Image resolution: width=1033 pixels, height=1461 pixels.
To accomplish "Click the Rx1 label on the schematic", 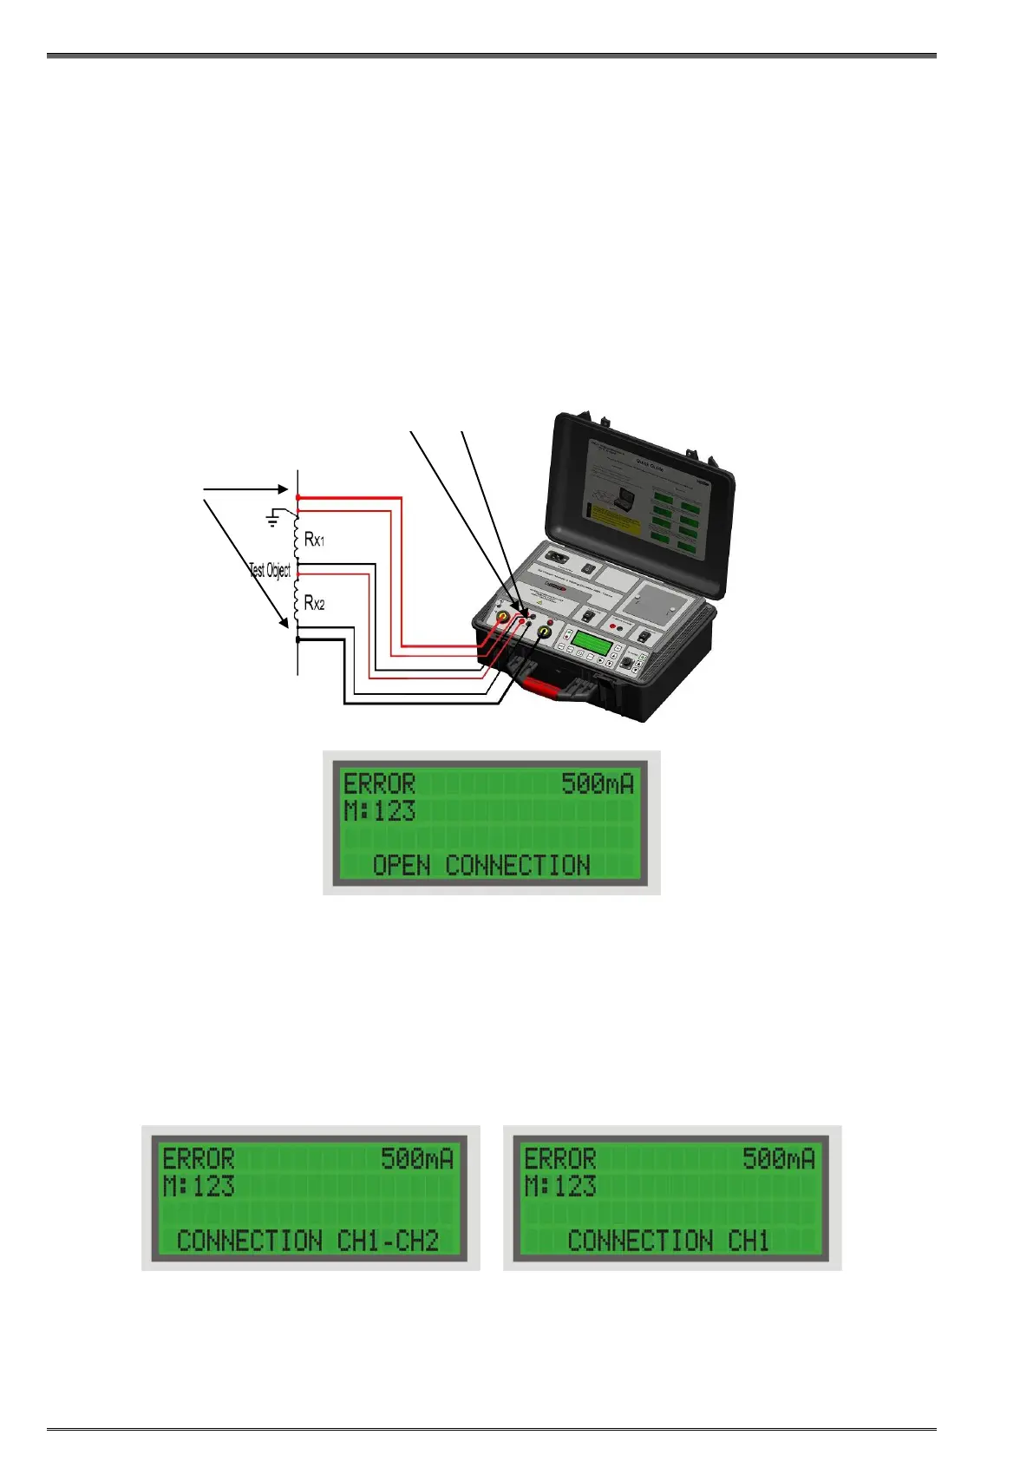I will [x=314, y=539].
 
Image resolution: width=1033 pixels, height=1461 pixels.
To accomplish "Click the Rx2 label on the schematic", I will [x=314, y=603].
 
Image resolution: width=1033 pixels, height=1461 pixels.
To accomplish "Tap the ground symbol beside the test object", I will [x=273, y=520].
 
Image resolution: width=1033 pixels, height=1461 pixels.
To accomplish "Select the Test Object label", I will [x=270, y=570].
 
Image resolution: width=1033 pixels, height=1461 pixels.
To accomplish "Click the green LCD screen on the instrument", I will [x=595, y=644].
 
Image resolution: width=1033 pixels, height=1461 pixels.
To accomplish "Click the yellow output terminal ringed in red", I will [x=501, y=619].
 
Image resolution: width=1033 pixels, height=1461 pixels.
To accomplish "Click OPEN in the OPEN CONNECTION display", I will [x=402, y=865].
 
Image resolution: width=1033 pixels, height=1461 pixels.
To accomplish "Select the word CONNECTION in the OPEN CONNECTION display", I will [x=518, y=865].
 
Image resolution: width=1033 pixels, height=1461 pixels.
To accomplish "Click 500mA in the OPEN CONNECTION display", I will [x=598, y=784].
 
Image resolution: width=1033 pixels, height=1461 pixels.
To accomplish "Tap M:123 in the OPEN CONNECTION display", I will [x=379, y=811].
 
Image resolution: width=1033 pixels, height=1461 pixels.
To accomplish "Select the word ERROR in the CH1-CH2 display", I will [x=199, y=1159].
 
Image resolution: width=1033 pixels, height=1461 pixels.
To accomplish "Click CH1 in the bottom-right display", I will [x=749, y=1240].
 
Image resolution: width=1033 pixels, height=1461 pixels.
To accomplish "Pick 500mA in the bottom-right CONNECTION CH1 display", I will [x=778, y=1159].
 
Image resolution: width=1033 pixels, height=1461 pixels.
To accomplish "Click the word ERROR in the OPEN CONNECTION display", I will [x=379, y=784].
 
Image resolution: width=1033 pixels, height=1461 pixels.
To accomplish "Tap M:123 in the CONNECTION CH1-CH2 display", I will [x=199, y=1186].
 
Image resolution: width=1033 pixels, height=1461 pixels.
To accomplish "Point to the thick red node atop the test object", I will [x=298, y=497].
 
